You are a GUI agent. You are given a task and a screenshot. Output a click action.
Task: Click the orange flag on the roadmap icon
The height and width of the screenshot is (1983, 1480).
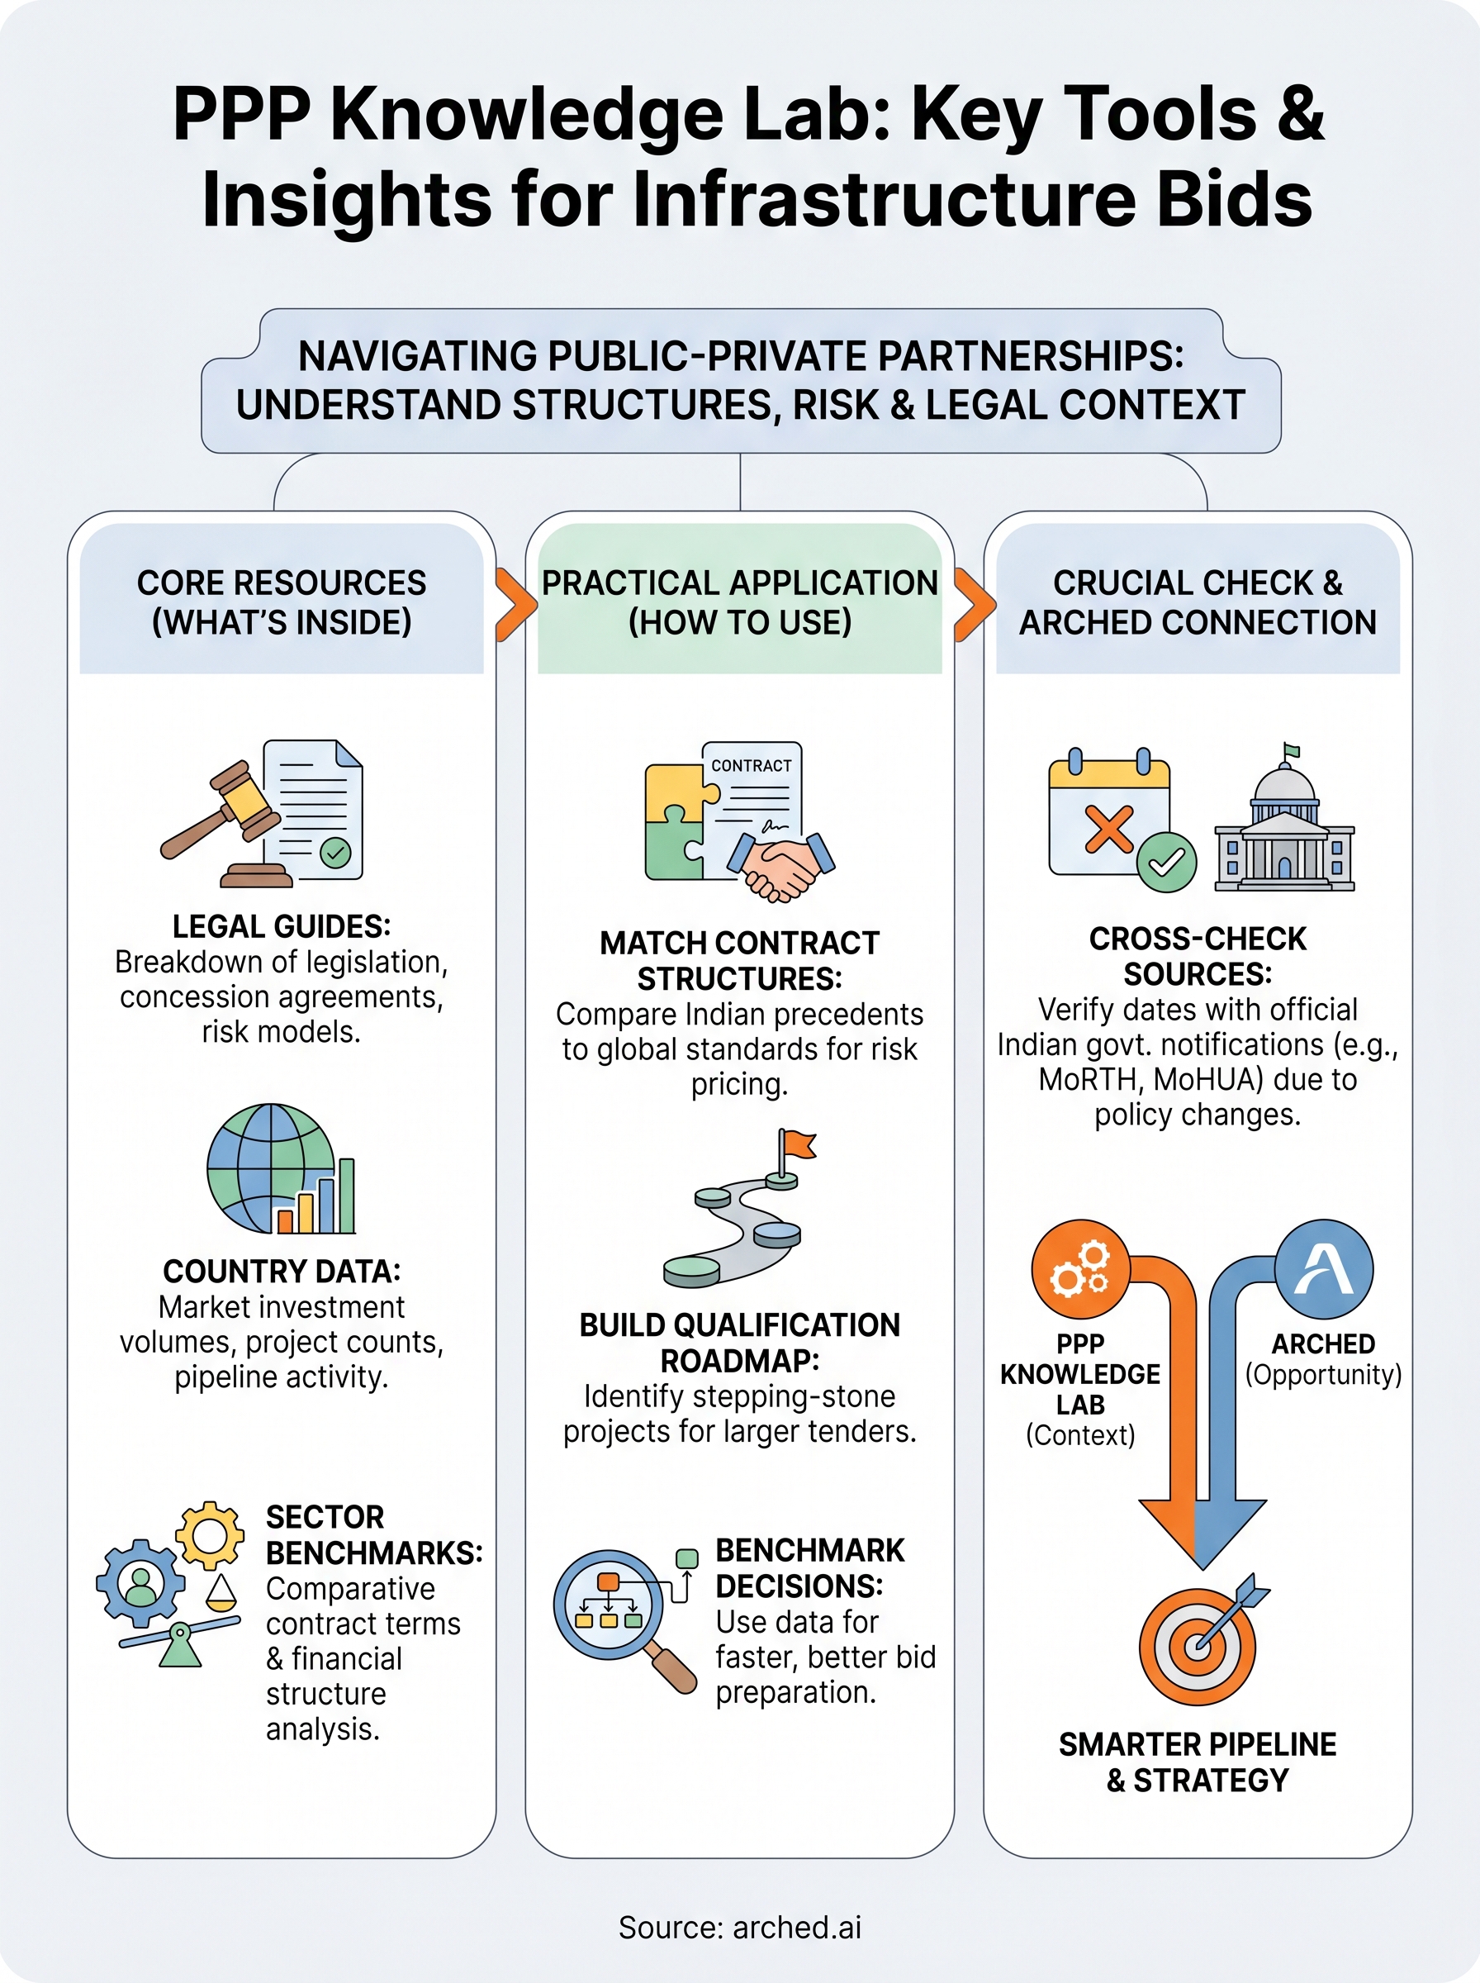[796, 1145]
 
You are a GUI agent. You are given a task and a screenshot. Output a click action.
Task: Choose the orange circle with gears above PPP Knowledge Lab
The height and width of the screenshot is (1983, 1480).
[1080, 1268]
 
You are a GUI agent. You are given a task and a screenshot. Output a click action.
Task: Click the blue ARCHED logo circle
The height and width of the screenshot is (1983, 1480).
[1323, 1268]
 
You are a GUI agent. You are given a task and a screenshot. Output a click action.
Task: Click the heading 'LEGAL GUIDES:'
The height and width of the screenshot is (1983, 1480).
[282, 926]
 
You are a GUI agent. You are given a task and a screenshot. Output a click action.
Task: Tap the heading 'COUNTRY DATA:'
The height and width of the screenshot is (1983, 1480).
[282, 1272]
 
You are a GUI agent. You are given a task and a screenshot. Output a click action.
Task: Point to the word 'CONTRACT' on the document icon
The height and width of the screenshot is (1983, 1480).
[751, 766]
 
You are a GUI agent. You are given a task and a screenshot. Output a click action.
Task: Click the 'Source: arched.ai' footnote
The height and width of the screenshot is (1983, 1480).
[740, 1928]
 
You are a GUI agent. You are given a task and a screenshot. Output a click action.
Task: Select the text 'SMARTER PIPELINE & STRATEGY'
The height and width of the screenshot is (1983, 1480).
[1198, 1762]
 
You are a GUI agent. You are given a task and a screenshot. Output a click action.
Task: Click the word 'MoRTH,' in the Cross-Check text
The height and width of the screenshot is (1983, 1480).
[1091, 1080]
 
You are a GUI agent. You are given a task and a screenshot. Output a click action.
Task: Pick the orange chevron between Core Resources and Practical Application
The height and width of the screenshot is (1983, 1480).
[515, 604]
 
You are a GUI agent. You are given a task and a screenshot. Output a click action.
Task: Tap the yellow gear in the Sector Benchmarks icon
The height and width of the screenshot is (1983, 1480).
[210, 1536]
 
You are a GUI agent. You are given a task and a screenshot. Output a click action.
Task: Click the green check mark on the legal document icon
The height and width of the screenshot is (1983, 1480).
[336, 852]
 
